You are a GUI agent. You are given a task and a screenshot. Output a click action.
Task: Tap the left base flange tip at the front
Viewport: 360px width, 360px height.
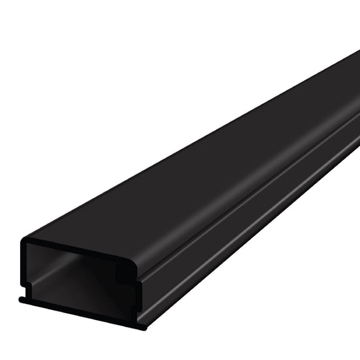[x=22, y=301]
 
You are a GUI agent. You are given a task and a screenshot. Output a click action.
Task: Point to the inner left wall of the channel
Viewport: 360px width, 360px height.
[x=34, y=269]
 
